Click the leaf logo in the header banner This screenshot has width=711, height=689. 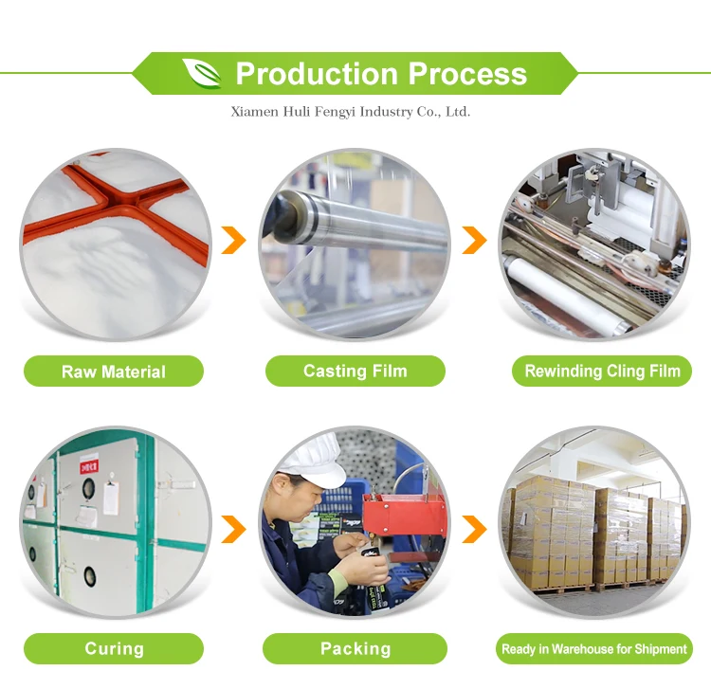click(201, 73)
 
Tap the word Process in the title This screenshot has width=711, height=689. click(467, 74)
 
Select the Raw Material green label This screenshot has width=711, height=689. click(114, 372)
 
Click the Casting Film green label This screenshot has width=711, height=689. click(355, 371)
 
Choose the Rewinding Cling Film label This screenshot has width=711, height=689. click(602, 371)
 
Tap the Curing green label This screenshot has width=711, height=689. click(114, 648)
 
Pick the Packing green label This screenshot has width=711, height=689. click(355, 648)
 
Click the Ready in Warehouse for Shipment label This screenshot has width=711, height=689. click(594, 649)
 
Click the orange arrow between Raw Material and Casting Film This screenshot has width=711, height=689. click(233, 241)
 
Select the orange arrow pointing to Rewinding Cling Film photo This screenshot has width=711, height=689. click(474, 241)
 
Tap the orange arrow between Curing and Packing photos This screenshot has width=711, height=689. click(233, 529)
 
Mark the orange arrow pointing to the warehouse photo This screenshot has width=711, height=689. click(474, 529)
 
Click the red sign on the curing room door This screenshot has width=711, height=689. click(89, 464)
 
